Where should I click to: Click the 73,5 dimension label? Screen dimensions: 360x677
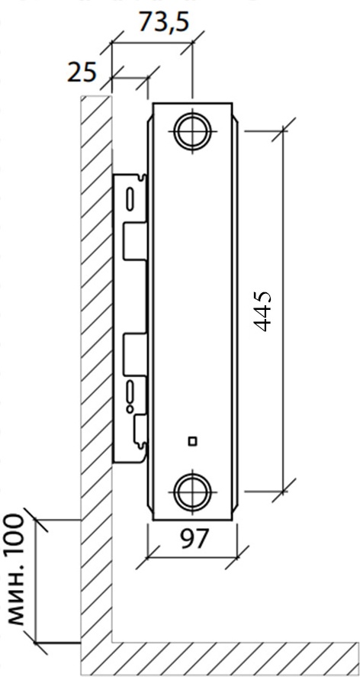164,22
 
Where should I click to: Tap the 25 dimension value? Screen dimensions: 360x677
82,72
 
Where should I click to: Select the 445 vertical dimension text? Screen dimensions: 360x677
262,311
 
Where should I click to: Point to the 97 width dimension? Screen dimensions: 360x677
194,538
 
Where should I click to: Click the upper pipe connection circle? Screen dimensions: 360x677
192,131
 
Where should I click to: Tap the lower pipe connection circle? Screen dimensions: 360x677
192,492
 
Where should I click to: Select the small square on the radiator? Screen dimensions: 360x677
192,441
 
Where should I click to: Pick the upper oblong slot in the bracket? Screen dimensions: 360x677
130,199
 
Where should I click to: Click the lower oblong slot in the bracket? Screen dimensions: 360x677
130,392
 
